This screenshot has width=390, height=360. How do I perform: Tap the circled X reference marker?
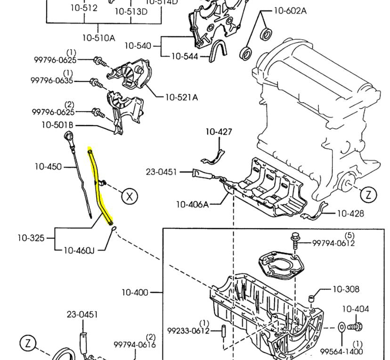[x=130, y=196]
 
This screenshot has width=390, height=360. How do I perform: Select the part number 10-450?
[x=48, y=167]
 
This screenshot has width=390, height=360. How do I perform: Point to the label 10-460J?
[x=79, y=250]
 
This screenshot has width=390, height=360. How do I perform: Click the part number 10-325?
[x=31, y=238]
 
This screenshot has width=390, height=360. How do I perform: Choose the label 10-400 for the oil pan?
[x=135, y=293]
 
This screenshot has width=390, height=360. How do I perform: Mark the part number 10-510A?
[x=98, y=38]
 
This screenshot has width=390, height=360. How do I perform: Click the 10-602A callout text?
[x=290, y=10]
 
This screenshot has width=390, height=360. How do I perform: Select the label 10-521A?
[x=181, y=98]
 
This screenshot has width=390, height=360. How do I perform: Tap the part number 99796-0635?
[x=52, y=81]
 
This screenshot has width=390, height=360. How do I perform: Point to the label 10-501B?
[x=57, y=125]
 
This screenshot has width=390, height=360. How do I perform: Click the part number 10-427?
[x=219, y=132]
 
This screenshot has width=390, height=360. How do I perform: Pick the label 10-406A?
[x=192, y=204]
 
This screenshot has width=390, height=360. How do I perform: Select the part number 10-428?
[x=350, y=213]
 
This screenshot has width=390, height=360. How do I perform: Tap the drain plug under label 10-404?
[x=355, y=326]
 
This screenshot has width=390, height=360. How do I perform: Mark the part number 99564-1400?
[x=341, y=352]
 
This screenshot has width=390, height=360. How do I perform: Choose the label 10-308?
[x=346, y=289]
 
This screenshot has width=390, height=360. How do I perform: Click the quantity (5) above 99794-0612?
[x=349, y=235]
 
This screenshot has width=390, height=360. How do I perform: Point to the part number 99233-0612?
[x=188, y=331]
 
